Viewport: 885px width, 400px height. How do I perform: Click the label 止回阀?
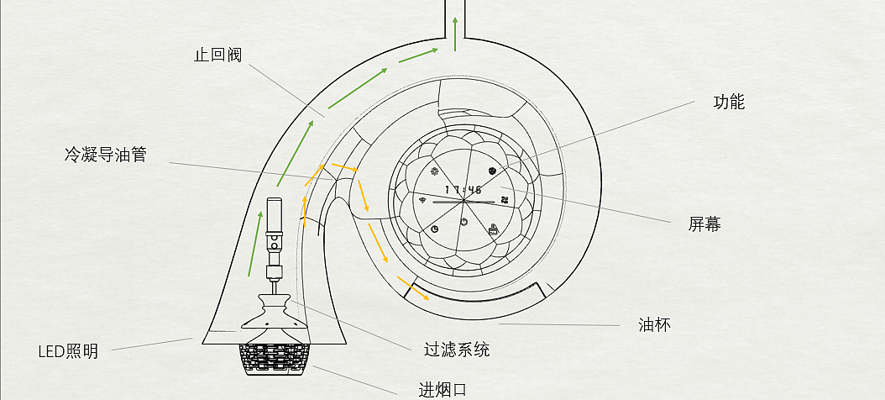click(217, 55)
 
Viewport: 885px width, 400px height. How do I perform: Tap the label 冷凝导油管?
click(106, 155)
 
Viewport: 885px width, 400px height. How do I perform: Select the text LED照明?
click(68, 351)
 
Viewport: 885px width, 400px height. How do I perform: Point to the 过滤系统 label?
click(457, 349)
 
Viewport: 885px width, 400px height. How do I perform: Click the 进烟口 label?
click(442, 390)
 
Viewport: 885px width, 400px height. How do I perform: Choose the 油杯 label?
click(655, 325)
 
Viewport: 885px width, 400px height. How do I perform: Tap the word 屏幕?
click(704, 224)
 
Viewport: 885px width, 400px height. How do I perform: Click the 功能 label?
click(729, 103)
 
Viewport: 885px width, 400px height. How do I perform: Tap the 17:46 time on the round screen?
click(463, 190)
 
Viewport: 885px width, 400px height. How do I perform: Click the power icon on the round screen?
click(463, 222)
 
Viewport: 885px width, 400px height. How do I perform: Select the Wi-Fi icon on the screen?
click(422, 199)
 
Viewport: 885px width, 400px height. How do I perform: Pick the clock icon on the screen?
click(435, 229)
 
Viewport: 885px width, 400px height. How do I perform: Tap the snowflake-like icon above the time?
click(435, 171)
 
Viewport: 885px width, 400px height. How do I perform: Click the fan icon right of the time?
click(504, 199)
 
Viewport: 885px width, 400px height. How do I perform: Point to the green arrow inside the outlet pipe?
click(455, 34)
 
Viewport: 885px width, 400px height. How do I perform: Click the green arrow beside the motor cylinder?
click(255, 244)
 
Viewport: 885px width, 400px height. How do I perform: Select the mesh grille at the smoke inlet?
click(275, 360)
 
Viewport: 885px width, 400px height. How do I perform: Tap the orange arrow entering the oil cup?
click(413, 288)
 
